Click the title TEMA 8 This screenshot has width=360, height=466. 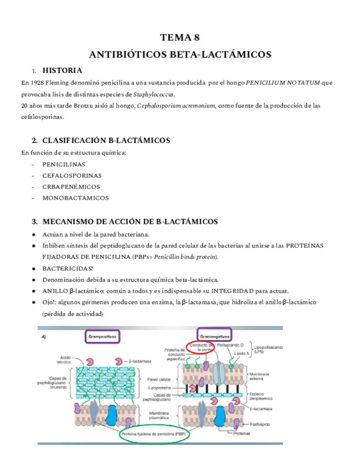pos(180,38)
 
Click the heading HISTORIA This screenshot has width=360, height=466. pos(62,70)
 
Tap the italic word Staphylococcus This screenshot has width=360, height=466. pos(154,94)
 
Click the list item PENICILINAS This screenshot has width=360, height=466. pos(63,164)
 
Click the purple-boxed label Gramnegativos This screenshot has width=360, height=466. pos(215,335)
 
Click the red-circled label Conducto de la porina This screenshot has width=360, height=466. pos(204,348)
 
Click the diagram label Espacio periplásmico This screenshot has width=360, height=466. pos(262,396)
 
